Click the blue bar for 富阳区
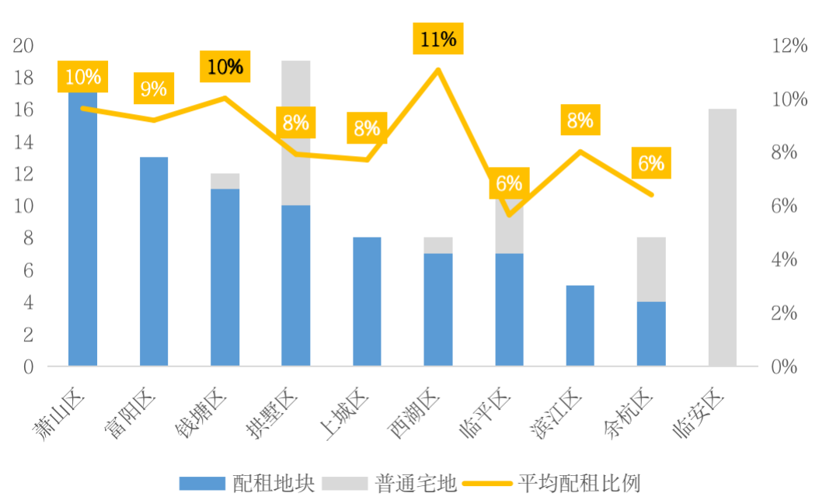[x=154, y=261]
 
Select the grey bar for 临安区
[x=723, y=237]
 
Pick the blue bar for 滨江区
[x=580, y=325]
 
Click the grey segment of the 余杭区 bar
[x=651, y=269]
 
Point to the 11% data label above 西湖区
[x=438, y=40]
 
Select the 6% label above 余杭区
[x=651, y=164]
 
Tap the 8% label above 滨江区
[x=580, y=120]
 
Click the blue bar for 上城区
[x=367, y=301]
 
